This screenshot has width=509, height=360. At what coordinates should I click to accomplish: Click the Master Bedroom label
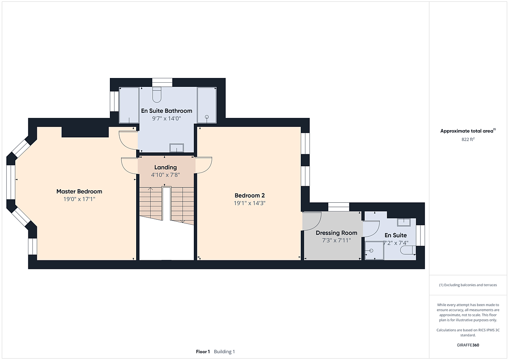(x=79, y=192)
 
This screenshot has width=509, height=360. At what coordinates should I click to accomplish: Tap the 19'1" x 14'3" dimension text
(x=249, y=203)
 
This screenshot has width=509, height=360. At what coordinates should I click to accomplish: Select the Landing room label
(x=165, y=167)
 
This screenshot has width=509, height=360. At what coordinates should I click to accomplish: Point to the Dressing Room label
(x=336, y=233)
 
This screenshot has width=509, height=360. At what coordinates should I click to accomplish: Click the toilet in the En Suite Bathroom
(x=157, y=95)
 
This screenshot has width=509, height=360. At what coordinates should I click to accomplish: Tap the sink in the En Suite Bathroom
(x=176, y=148)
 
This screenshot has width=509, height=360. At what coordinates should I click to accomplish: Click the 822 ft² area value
(x=468, y=139)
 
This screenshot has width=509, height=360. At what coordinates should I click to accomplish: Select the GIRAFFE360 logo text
(x=468, y=345)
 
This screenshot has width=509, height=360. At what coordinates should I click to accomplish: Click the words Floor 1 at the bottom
(x=203, y=352)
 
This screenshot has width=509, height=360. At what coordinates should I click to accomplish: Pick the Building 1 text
(x=224, y=352)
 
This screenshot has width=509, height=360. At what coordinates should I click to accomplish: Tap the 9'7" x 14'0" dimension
(x=167, y=118)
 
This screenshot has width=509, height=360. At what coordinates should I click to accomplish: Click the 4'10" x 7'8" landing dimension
(x=165, y=175)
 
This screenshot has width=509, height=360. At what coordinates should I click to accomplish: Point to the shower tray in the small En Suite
(x=374, y=251)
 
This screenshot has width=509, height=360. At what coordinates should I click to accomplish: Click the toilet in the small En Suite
(x=408, y=250)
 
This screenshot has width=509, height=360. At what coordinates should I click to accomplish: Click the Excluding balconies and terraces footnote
(x=468, y=285)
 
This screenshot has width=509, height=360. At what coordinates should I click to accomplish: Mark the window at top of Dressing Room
(x=338, y=207)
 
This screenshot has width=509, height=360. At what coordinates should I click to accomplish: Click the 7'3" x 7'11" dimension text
(x=336, y=240)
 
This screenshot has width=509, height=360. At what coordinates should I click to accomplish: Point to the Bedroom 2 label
(x=249, y=195)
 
